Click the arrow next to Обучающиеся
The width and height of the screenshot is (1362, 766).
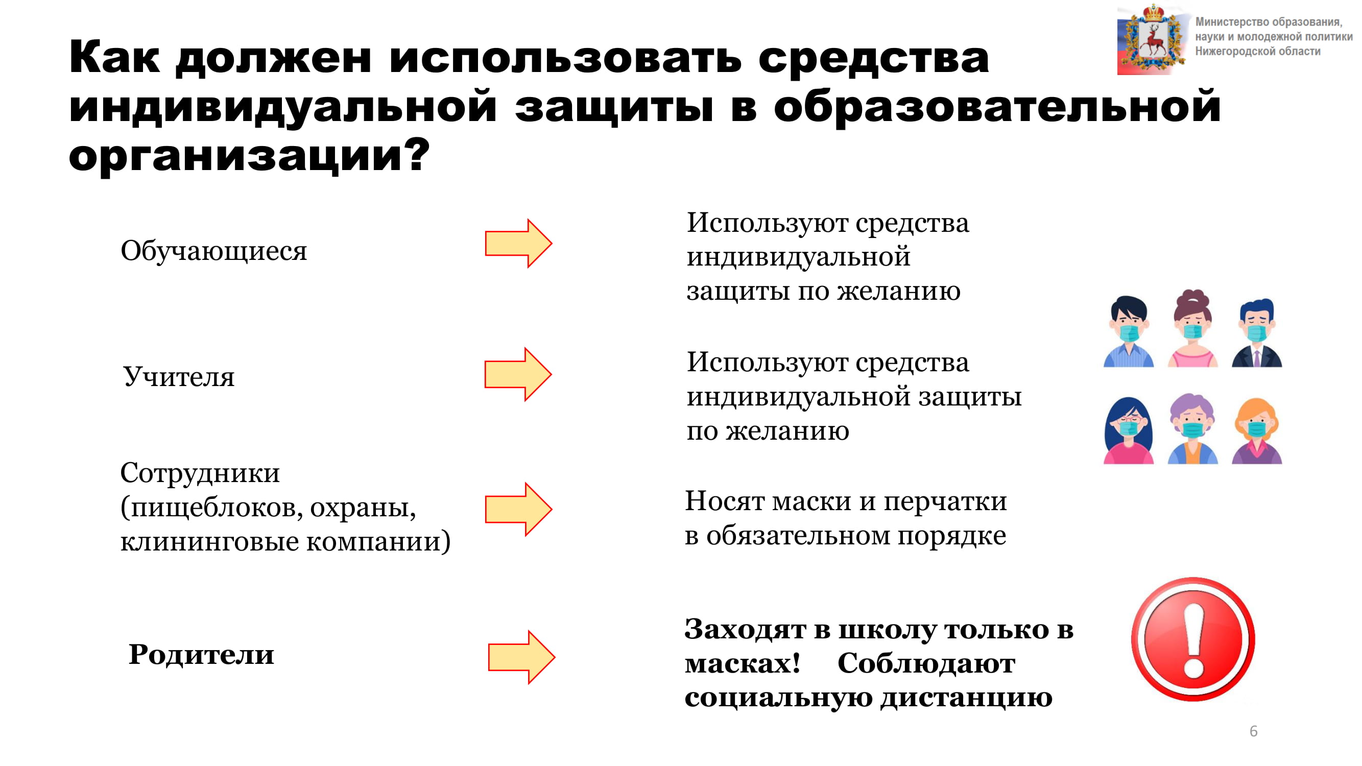519,243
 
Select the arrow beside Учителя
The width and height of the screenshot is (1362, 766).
518,374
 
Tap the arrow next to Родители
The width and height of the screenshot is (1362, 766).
522,657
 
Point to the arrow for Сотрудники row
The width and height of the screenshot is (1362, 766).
519,509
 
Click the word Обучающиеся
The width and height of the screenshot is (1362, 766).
213,251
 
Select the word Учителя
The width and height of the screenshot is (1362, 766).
179,377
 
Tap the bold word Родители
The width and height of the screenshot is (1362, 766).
201,655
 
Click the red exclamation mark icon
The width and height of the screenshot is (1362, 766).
1193,639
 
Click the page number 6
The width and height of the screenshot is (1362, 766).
1253,731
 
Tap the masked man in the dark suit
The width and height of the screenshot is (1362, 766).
1257,333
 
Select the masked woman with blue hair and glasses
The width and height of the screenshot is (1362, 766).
1128,430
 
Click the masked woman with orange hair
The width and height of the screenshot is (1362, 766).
1257,431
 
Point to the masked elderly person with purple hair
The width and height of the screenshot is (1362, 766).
1192,429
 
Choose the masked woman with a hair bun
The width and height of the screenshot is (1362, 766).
1192,328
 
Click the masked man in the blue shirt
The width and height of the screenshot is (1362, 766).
1128,331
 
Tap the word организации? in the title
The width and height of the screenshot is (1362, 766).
249,156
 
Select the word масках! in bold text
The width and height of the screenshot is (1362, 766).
743,664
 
